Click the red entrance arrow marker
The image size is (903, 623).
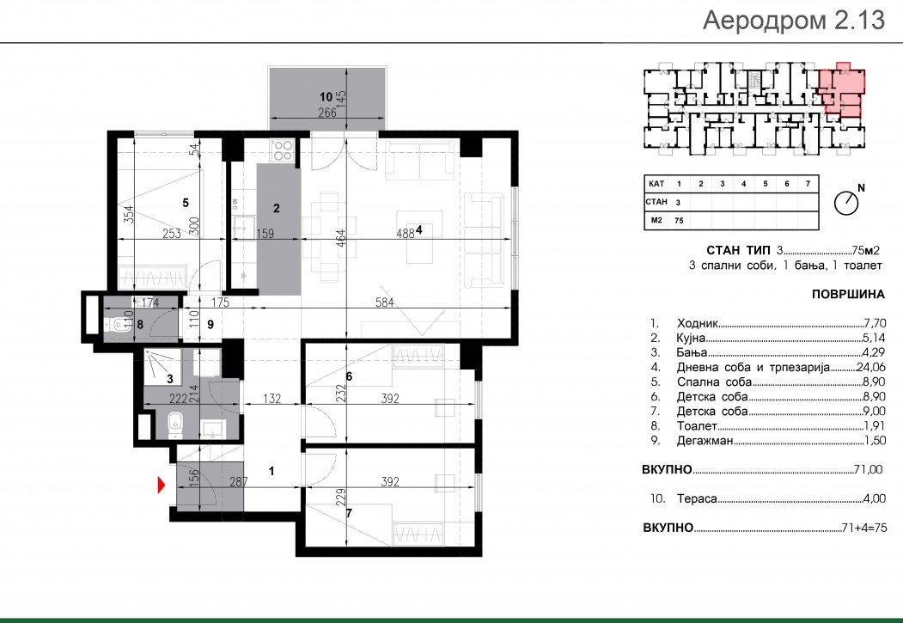(x=162, y=486)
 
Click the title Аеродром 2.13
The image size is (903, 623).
(x=794, y=20)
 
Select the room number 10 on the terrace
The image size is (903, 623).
(x=326, y=97)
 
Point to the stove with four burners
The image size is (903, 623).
(x=283, y=151)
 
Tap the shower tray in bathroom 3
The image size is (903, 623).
(x=162, y=366)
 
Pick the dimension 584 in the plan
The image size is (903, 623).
(x=384, y=302)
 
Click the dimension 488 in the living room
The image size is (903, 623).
(x=406, y=233)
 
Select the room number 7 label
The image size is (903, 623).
(x=349, y=513)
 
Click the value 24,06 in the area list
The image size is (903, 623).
(x=870, y=367)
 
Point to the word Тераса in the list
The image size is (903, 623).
(x=697, y=498)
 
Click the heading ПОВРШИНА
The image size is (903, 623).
(x=848, y=294)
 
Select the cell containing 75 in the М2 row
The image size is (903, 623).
(x=679, y=221)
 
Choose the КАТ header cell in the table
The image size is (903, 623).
(x=656, y=184)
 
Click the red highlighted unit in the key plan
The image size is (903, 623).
(x=843, y=89)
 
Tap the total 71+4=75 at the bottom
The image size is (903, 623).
(x=863, y=528)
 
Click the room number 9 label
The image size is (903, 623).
(x=210, y=325)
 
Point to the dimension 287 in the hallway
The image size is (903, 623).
(x=238, y=481)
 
